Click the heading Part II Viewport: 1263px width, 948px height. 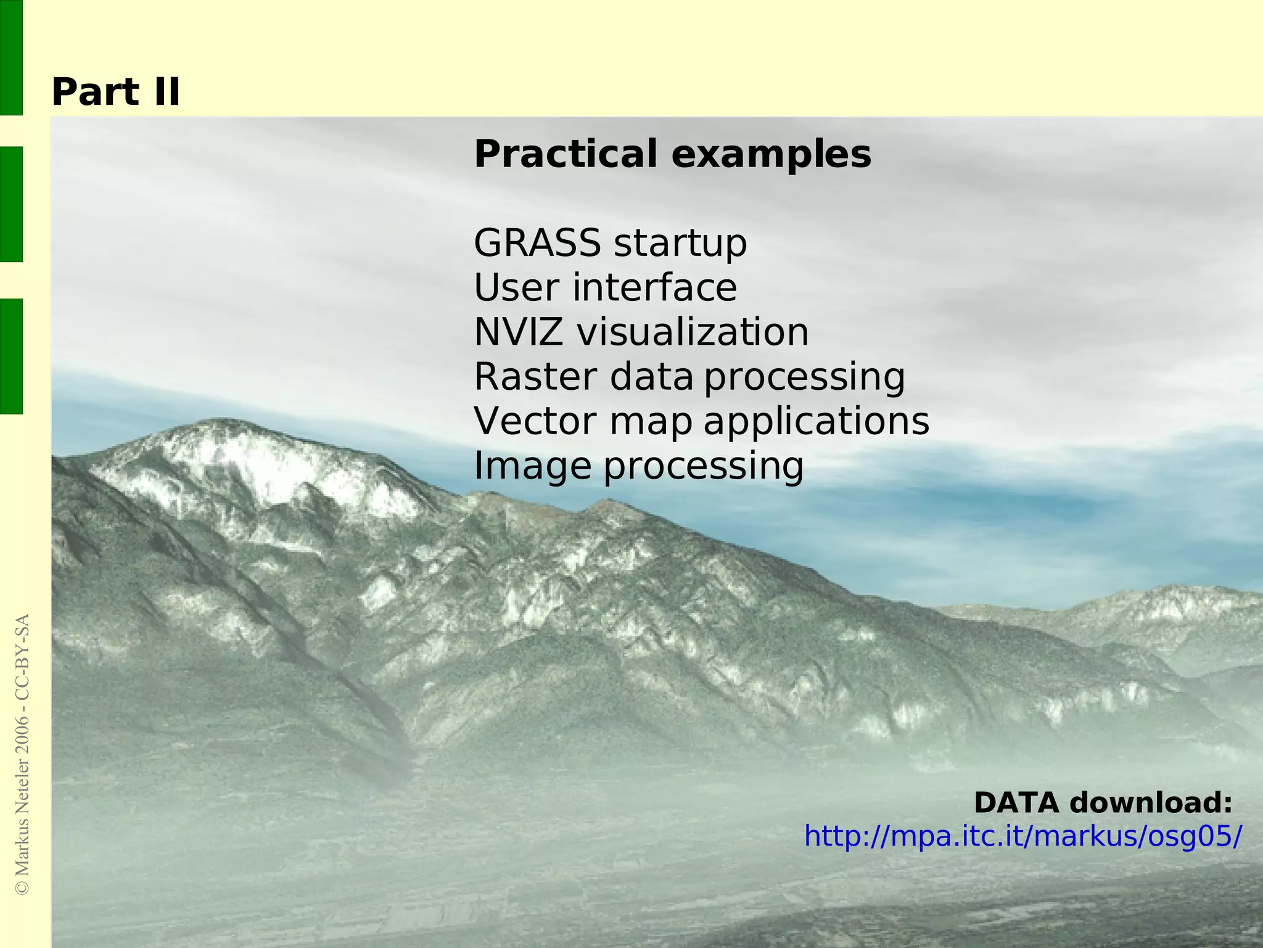coord(115,93)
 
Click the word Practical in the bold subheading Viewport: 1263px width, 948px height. coord(565,154)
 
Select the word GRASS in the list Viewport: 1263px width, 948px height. coord(537,242)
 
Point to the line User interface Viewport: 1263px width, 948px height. coord(605,287)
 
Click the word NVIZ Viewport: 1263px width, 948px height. coord(517,332)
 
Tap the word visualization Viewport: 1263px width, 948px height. coord(692,332)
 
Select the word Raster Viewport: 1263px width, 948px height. coord(535,376)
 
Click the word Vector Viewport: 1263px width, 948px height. coord(535,421)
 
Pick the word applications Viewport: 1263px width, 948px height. coord(816,422)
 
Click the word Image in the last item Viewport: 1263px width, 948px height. coord(532,466)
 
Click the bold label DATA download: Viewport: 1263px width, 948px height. coord(1103,802)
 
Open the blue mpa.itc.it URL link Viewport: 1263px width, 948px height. coord(1022,836)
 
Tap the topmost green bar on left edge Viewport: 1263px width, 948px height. coord(11,57)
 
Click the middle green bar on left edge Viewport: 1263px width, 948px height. coord(11,204)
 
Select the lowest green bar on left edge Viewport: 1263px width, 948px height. coord(11,356)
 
